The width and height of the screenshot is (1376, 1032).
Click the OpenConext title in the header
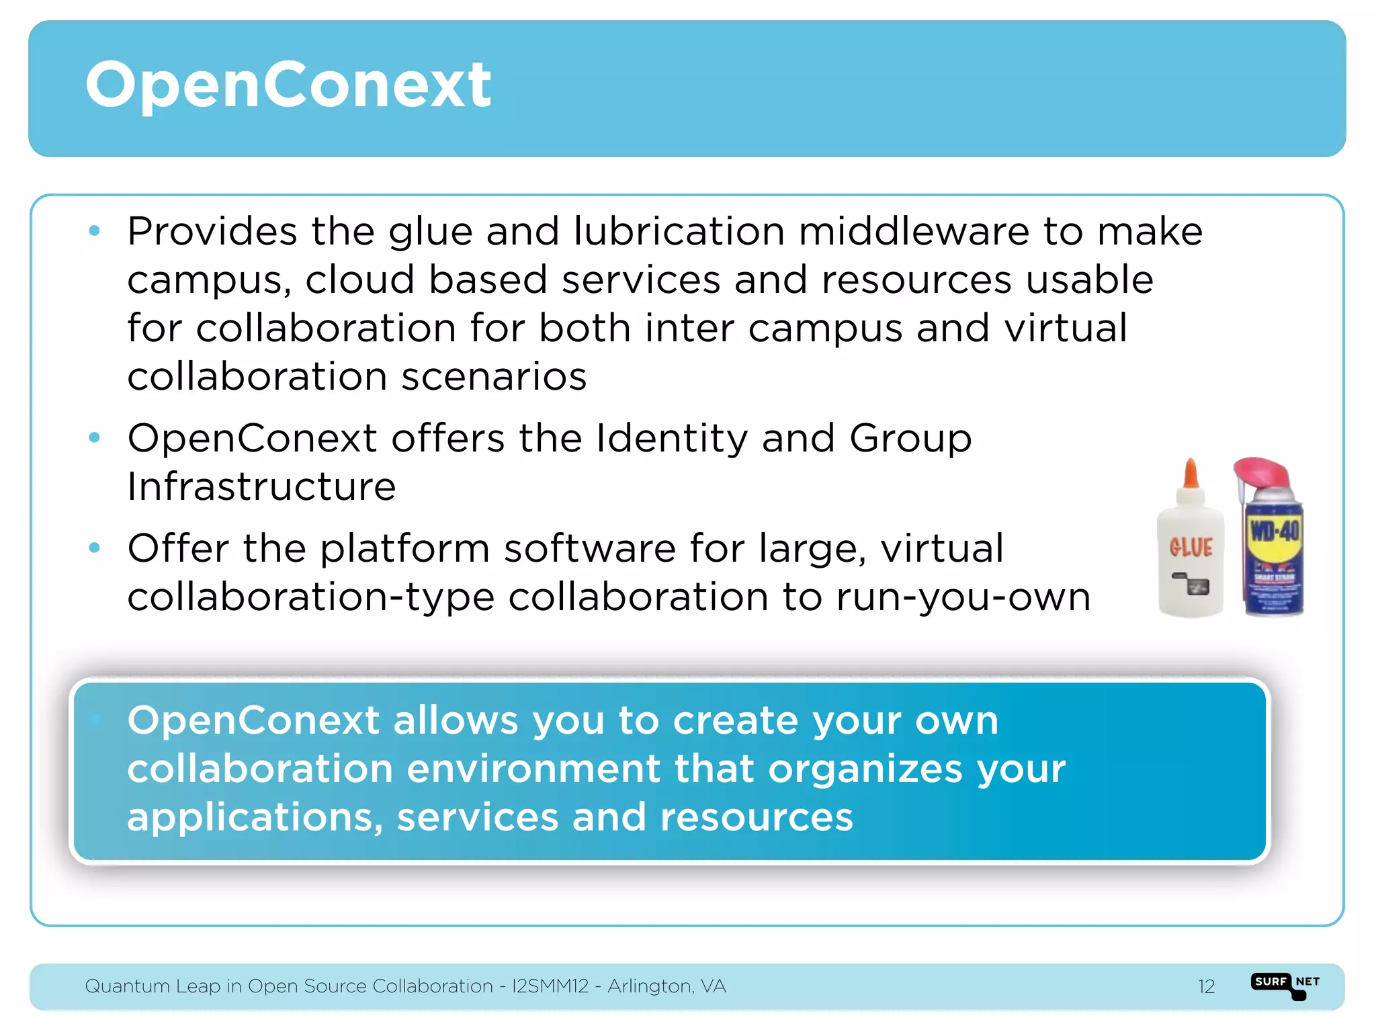(289, 85)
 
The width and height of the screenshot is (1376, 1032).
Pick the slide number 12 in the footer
(1206, 986)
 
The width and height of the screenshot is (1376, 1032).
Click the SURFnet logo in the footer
(1285, 985)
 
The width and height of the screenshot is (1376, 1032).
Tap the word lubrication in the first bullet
(679, 232)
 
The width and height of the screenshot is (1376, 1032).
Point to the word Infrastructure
(262, 487)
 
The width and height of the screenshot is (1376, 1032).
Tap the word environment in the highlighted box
(533, 769)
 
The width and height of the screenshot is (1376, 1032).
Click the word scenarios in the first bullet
(494, 377)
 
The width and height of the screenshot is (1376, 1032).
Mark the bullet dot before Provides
(95, 231)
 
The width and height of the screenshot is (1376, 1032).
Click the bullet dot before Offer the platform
(95, 548)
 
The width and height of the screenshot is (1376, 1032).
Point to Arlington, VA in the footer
(666, 986)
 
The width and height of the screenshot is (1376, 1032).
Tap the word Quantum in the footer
(127, 986)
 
